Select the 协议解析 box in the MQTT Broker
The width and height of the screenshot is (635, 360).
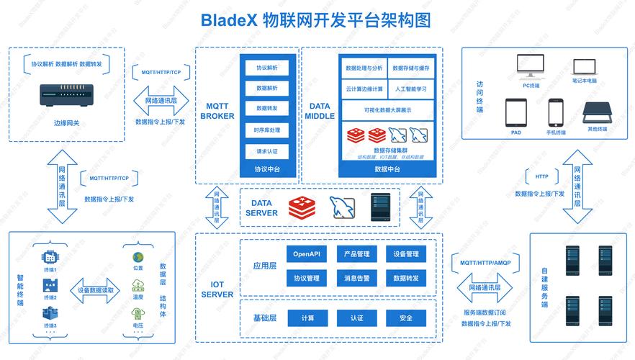266,68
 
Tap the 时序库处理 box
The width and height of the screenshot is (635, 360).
266,130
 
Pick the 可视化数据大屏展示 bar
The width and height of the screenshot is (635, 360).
387,109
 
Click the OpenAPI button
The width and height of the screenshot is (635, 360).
307,254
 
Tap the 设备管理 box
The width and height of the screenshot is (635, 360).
405,254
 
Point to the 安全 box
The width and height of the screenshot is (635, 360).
405,318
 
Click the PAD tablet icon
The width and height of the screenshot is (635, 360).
515,112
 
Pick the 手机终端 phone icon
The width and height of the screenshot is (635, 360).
555,112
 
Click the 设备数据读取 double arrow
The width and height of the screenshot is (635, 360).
91,289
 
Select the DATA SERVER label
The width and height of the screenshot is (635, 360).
261,208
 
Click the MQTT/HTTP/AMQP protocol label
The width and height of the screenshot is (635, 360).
485,264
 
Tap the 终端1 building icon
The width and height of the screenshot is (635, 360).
50,257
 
